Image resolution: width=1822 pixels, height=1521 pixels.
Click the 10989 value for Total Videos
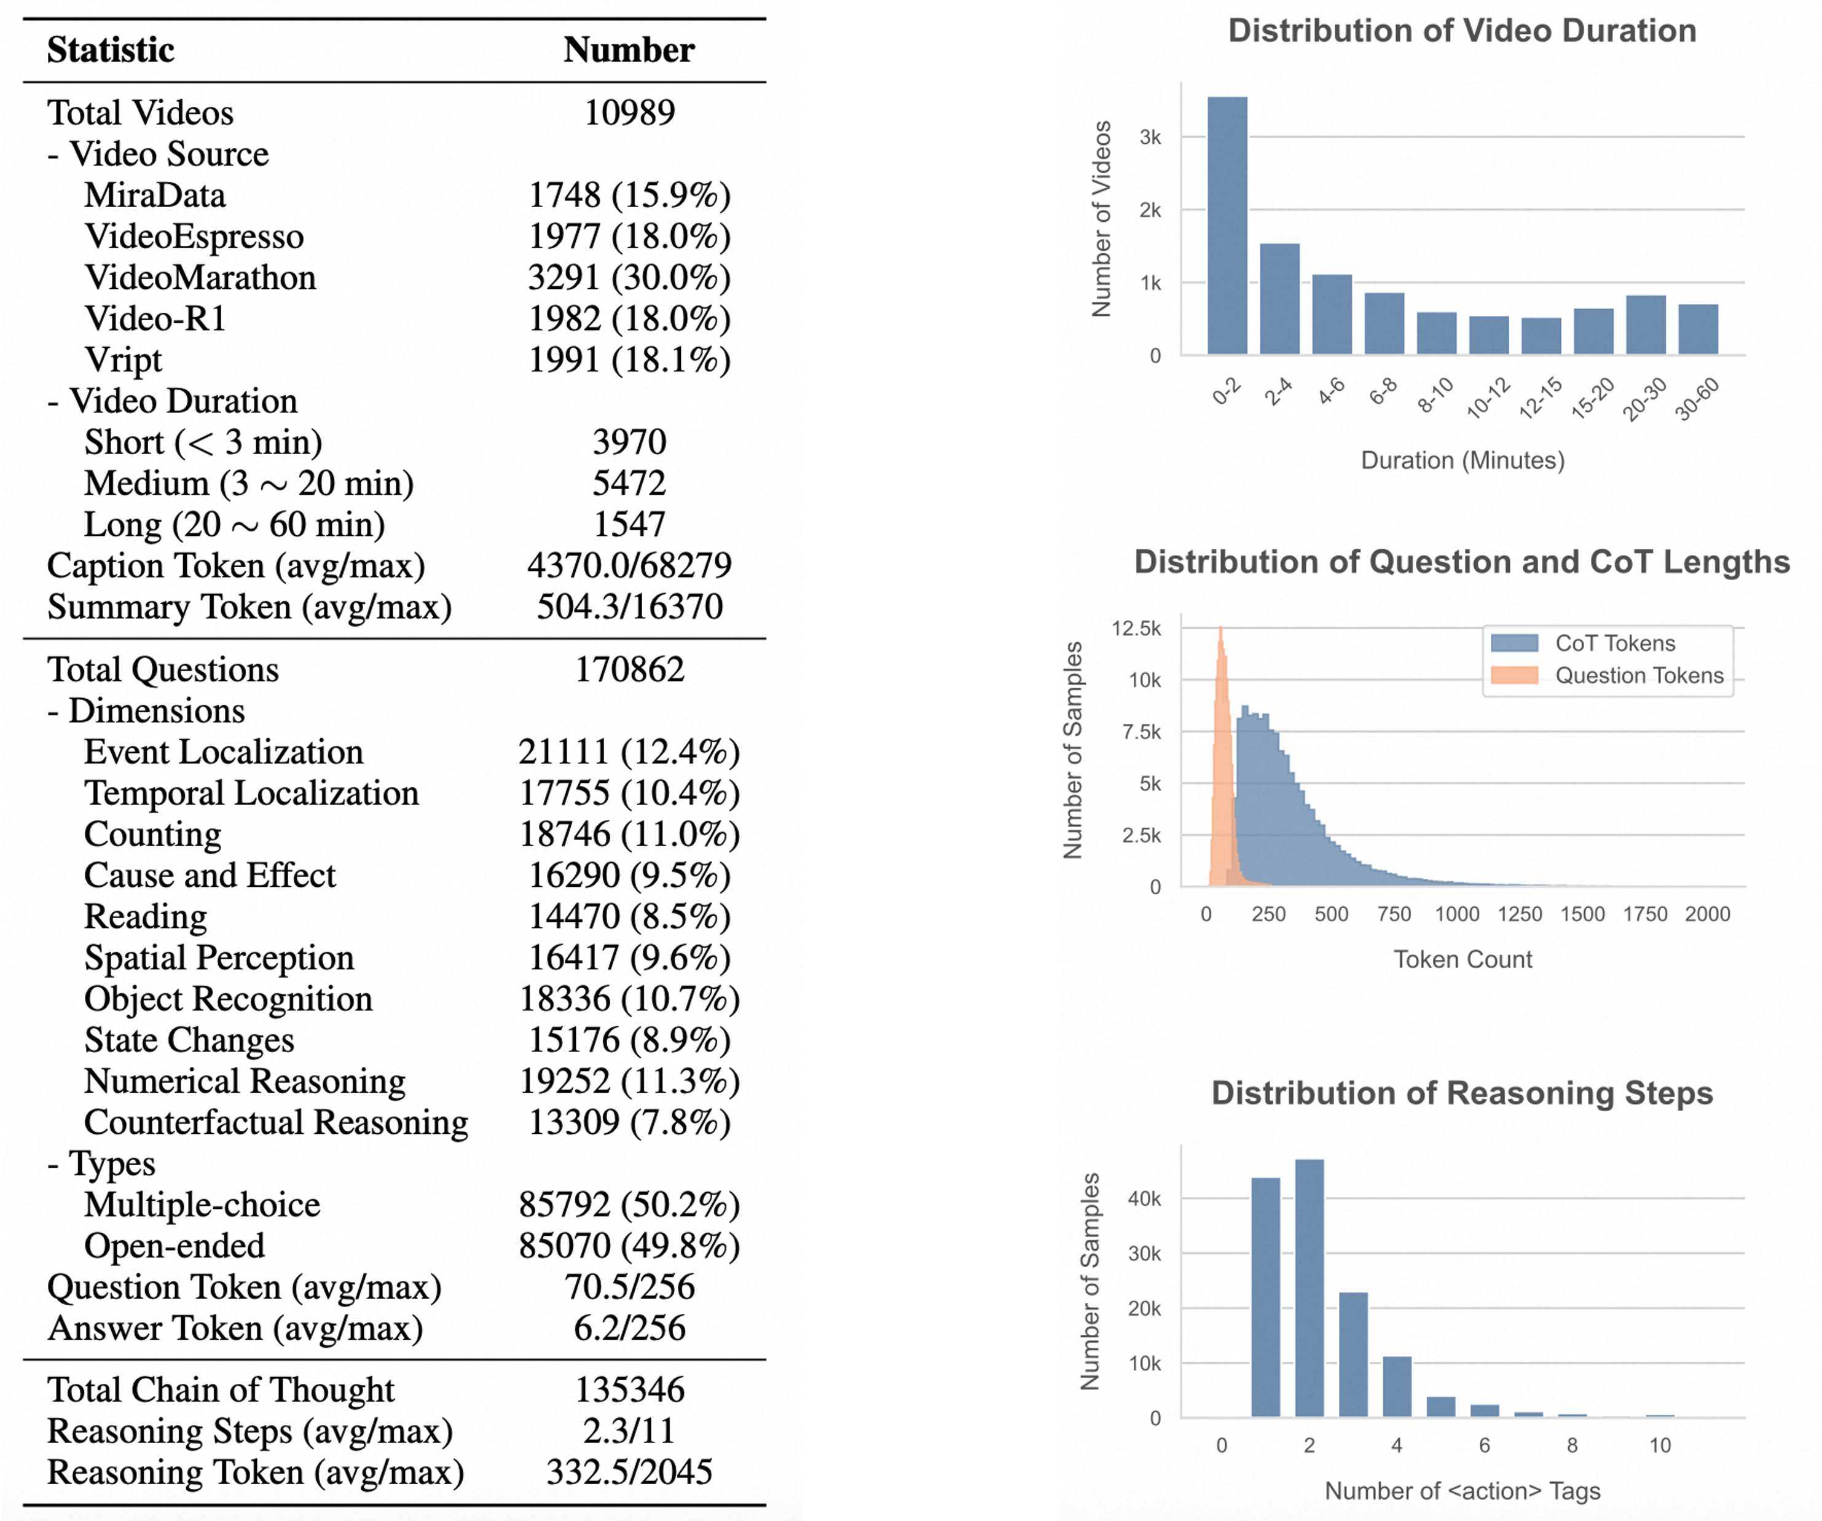pyautogui.click(x=629, y=113)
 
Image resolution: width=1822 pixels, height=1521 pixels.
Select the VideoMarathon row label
pyautogui.click(x=200, y=278)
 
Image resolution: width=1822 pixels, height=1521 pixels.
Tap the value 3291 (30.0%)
pyautogui.click(x=629, y=278)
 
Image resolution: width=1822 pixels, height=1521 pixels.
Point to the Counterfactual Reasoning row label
pyautogui.click(x=276, y=1122)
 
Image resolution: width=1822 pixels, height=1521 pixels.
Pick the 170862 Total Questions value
pyautogui.click(x=629, y=670)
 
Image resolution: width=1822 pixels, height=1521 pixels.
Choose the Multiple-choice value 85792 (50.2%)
pyautogui.click(x=629, y=1205)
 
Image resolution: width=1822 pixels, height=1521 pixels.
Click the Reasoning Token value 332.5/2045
pyautogui.click(x=629, y=1472)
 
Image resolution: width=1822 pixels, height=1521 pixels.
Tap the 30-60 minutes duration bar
pyautogui.click(x=1698, y=330)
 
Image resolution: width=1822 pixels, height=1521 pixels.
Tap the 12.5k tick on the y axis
pyautogui.click(x=1137, y=628)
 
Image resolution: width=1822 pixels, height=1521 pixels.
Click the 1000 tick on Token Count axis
pyautogui.click(x=1457, y=914)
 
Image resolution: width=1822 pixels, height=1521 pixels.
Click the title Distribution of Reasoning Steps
pyautogui.click(x=1462, y=1093)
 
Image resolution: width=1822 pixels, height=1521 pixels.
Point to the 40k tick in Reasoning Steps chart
pyautogui.click(x=1144, y=1199)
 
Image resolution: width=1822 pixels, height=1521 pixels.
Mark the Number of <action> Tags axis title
pyautogui.click(x=1463, y=1491)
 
